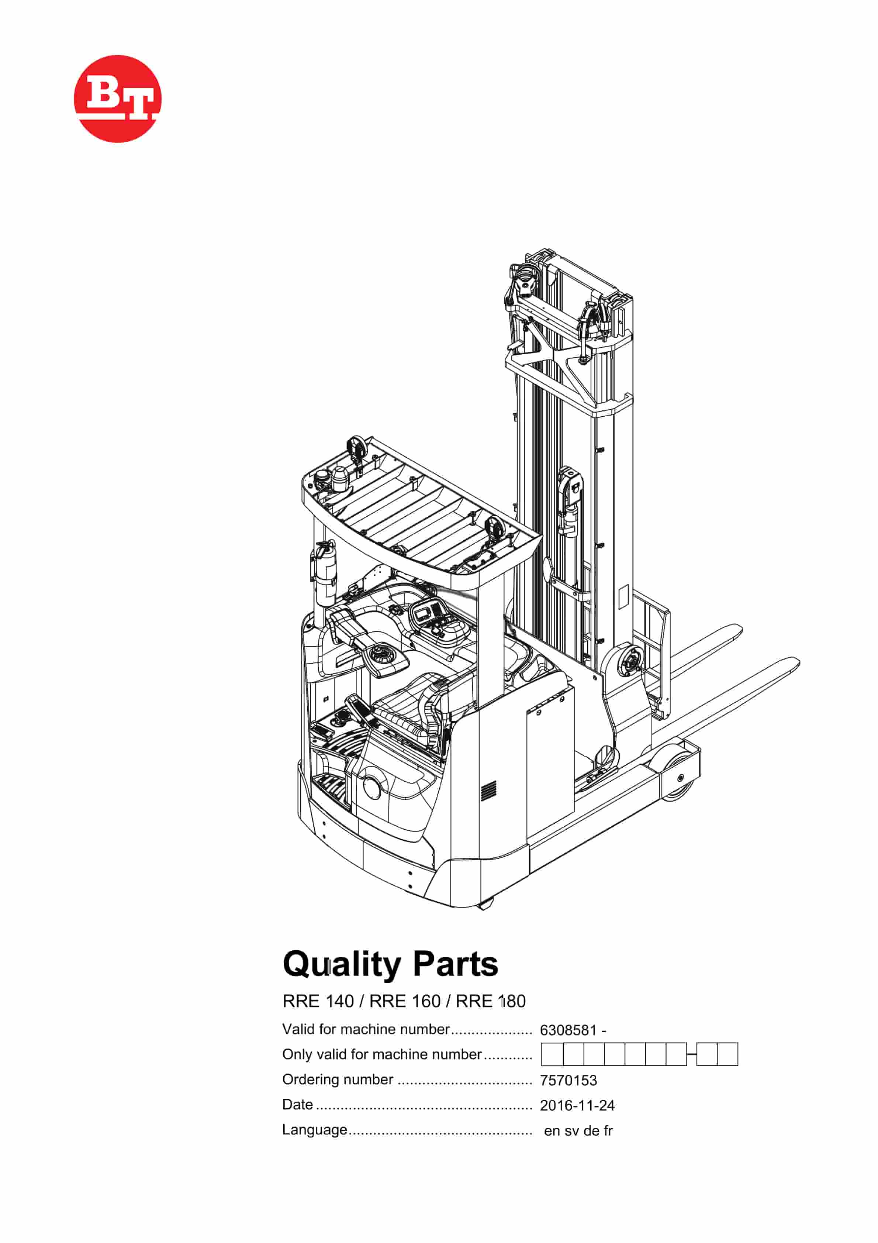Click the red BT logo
pyautogui.click(x=117, y=99)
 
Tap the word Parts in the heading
pyautogui.click(x=455, y=964)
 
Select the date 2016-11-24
pyautogui.click(x=577, y=1105)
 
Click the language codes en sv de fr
pyautogui.click(x=578, y=1130)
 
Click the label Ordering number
pyautogui.click(x=337, y=1080)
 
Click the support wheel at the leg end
pyautogui.click(x=678, y=778)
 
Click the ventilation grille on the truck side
pyautogui.click(x=489, y=791)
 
